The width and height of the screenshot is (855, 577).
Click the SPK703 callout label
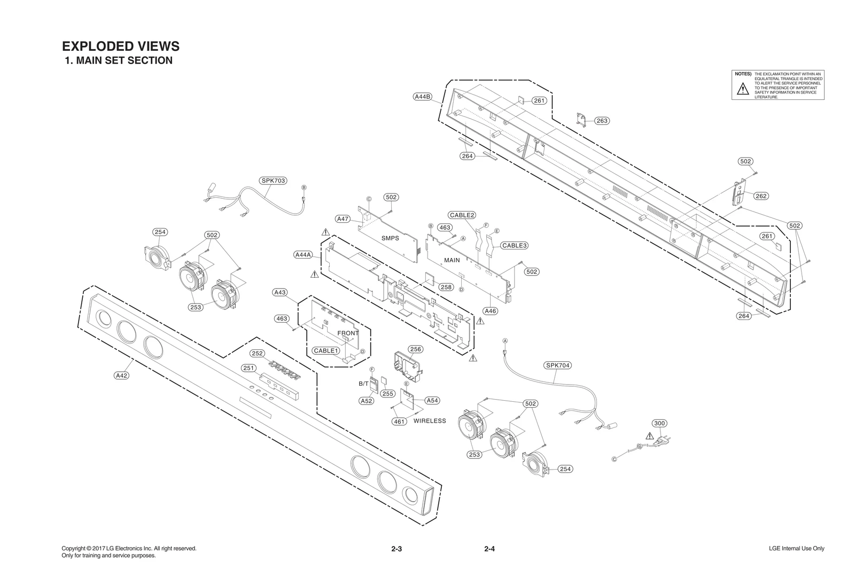click(273, 181)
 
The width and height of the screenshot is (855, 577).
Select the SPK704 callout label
click(557, 365)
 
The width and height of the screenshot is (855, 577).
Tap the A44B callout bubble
click(423, 97)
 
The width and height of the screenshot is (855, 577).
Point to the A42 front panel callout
click(122, 376)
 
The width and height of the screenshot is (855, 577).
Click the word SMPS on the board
click(390, 238)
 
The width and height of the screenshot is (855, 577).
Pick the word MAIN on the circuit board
click(452, 260)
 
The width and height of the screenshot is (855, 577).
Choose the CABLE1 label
click(327, 351)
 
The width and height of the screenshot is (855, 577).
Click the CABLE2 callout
click(462, 215)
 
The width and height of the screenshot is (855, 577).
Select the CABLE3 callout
click(515, 246)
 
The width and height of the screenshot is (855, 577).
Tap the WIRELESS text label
click(430, 421)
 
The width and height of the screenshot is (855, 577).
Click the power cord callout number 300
click(660, 423)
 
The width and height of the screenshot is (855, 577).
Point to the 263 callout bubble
click(602, 121)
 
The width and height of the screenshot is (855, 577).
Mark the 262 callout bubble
click(761, 196)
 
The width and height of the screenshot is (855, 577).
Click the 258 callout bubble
click(446, 287)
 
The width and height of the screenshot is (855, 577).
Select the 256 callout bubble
click(415, 349)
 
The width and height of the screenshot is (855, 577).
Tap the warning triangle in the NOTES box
click(743, 89)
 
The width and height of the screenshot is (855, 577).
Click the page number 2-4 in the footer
click(489, 549)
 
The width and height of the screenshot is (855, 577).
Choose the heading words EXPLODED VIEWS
click(121, 46)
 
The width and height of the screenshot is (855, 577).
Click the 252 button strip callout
click(257, 354)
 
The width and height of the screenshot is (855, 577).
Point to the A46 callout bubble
click(490, 311)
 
